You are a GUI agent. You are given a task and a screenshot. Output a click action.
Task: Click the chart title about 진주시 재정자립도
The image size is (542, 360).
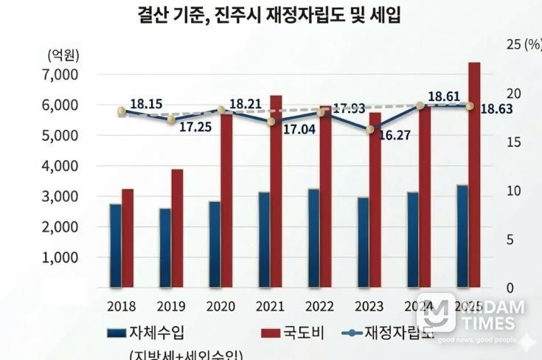coord(270,14)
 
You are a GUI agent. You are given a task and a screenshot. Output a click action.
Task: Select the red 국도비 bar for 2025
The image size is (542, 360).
coord(474,174)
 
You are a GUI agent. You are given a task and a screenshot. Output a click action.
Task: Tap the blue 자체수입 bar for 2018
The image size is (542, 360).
coord(116,245)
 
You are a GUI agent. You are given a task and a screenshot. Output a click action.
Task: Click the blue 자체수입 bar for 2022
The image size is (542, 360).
coord(313,238)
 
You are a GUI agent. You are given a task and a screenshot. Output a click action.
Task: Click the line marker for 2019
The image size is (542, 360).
coord(171,120)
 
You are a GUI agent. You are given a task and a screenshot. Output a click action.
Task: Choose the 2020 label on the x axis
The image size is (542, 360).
coord(220,306)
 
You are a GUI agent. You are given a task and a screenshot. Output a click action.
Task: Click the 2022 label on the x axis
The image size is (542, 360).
coord(319,306)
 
